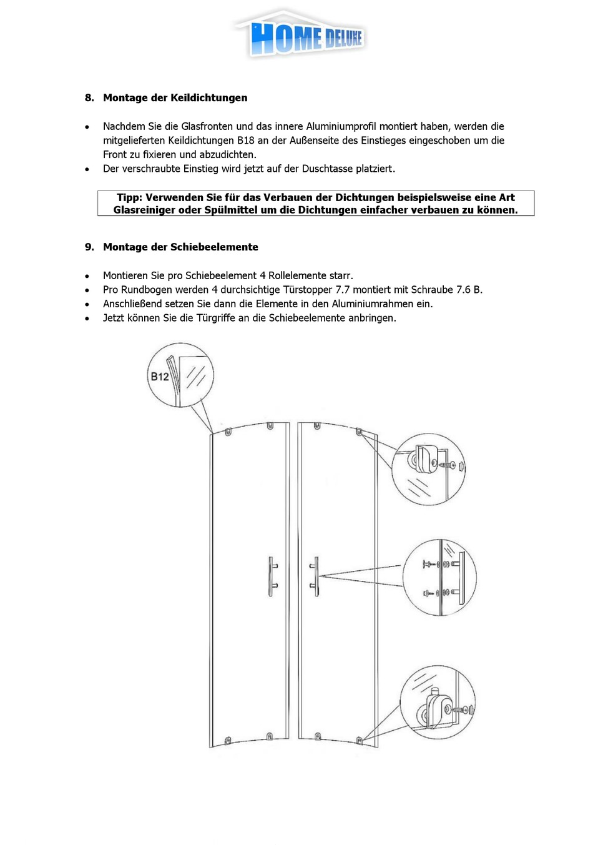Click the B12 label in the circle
pyautogui.click(x=160, y=377)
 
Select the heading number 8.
pyautogui.click(x=89, y=98)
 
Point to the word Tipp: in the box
pyautogui.click(x=129, y=198)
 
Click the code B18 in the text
pyautogui.click(x=245, y=141)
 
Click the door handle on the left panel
pyautogui.click(x=272, y=576)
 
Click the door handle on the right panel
pyautogui.click(x=315, y=576)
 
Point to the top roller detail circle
pyautogui.click(x=428, y=469)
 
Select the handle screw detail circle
pyautogui.click(x=439, y=578)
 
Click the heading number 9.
pyautogui.click(x=89, y=247)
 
